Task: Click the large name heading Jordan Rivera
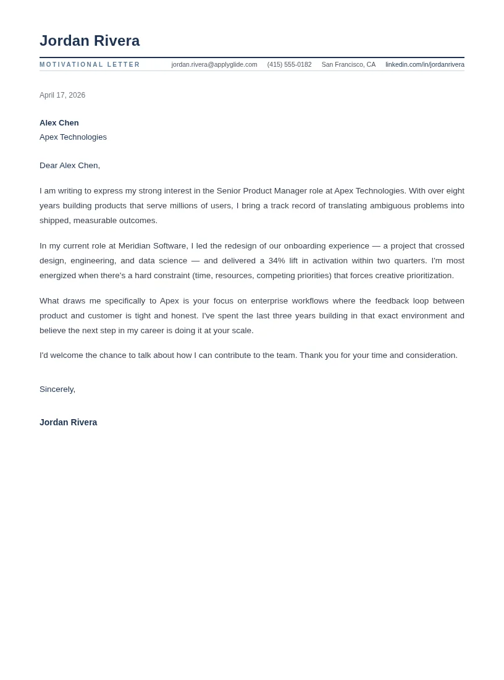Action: coord(90,41)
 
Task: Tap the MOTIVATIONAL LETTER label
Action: coord(90,65)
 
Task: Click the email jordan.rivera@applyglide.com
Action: coord(214,65)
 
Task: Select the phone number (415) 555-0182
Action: coord(289,65)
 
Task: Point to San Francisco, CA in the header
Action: coord(348,65)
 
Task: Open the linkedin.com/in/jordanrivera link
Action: coord(424,65)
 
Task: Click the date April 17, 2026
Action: coord(62,95)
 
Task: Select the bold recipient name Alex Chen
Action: coord(59,123)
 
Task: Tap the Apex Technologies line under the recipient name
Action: coord(73,137)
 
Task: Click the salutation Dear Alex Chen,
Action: coord(70,166)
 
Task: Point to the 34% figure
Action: coord(277,261)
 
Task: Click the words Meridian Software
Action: coord(152,246)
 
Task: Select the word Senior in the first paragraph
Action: coord(229,191)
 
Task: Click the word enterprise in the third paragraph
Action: coord(269,301)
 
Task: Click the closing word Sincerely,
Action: coord(57,389)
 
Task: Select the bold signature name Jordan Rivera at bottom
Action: coord(68,423)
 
